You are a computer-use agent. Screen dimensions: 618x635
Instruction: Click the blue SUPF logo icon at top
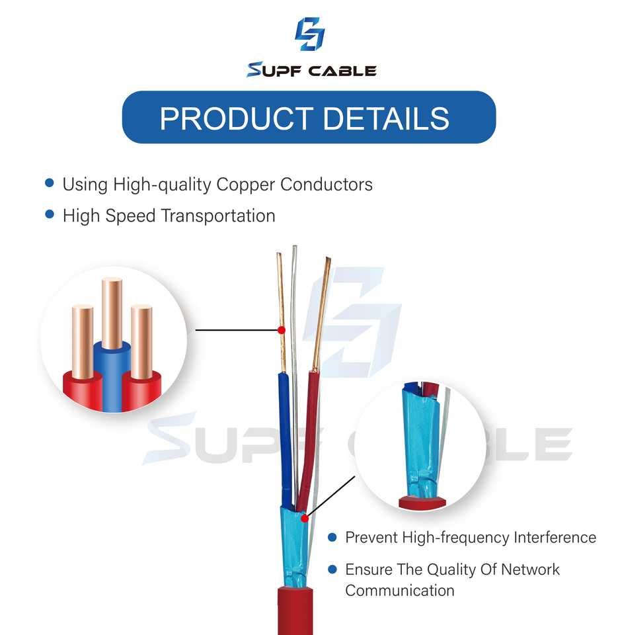point(309,34)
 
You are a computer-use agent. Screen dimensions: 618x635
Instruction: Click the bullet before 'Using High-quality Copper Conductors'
point(49,183)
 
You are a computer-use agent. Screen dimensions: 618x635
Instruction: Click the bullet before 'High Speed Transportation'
point(49,214)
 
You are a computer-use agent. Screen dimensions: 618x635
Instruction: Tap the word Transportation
point(218,216)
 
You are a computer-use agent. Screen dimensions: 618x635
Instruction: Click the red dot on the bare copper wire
point(281,329)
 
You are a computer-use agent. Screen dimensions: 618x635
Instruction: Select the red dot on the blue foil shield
point(304,519)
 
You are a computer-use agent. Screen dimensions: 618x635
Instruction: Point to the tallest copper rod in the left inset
point(112,311)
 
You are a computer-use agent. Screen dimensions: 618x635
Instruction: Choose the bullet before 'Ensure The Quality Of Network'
point(332,569)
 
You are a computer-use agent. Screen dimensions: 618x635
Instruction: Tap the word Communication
point(400,591)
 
